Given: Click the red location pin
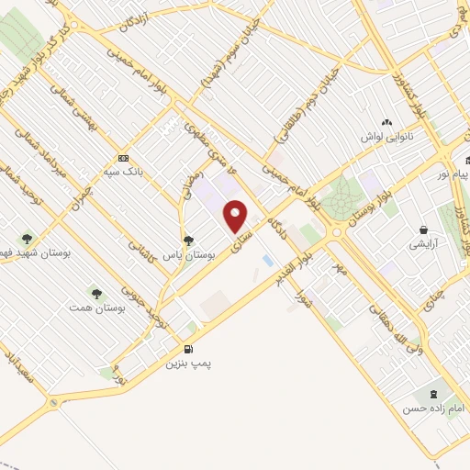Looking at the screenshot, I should pyautogui.click(x=236, y=216).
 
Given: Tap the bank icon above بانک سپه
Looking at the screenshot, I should pyautogui.click(x=123, y=156).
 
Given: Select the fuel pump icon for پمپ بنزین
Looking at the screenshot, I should pyautogui.click(x=188, y=348).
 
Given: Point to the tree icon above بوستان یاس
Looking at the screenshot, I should pyautogui.click(x=188, y=241).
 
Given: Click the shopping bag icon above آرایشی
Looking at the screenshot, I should pyautogui.click(x=423, y=229).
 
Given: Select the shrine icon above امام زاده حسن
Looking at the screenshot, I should pyautogui.click(x=446, y=393).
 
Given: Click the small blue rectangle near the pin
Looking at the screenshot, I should pyautogui.click(x=267, y=262).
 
